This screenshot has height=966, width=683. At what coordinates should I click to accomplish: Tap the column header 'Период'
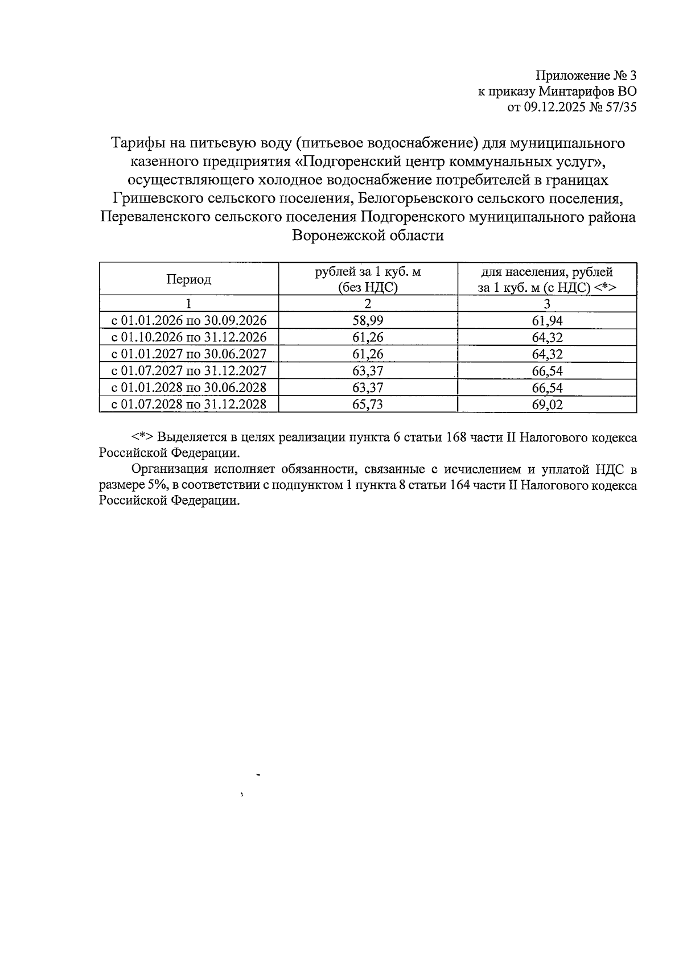coord(188,279)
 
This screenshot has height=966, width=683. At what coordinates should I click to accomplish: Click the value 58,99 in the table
coord(368,320)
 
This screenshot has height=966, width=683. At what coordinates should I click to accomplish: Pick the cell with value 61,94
coord(547,320)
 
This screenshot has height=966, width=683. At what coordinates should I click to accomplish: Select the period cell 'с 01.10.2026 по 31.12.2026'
coord(188,337)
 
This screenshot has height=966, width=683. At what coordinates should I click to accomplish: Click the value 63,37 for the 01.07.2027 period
coord(368,371)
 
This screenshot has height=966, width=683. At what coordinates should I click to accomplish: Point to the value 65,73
coord(368,404)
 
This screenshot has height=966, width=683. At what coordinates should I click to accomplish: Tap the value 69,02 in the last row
coord(547,404)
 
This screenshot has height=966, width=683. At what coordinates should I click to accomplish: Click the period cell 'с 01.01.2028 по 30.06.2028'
coord(188,387)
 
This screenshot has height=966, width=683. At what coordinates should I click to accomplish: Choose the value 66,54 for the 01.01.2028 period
coord(547,387)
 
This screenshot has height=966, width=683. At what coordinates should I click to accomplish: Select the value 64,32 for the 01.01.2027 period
coord(547,354)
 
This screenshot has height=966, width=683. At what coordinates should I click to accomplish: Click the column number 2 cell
coord(368,303)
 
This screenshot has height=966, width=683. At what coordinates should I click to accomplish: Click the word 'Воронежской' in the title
coord(335,236)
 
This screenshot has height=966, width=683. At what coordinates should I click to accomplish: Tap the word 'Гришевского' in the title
coord(151,199)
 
